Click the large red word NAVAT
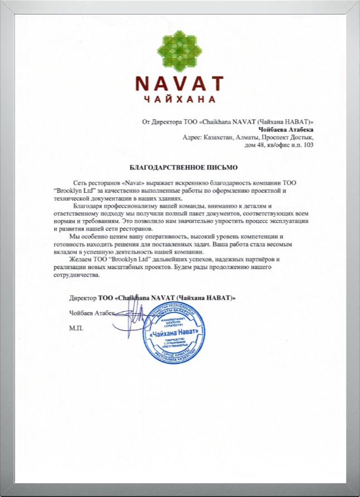(x=179, y=84)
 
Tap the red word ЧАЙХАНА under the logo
(x=179, y=100)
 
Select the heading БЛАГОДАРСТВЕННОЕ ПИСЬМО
(x=179, y=167)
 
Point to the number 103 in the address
(x=307, y=145)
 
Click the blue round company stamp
(x=172, y=333)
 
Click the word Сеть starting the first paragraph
(x=81, y=183)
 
